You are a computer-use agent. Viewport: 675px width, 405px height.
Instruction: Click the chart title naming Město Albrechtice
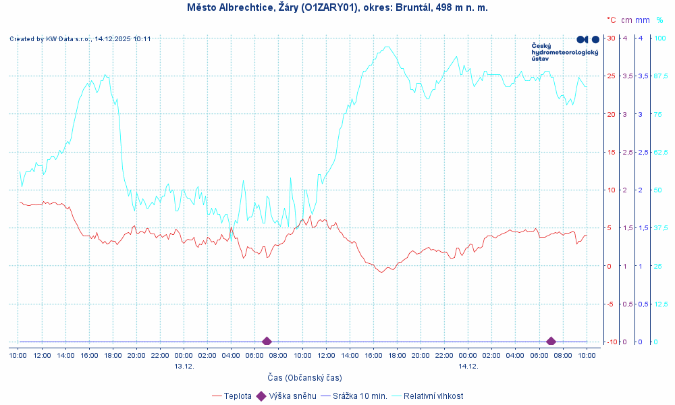click(x=337, y=7)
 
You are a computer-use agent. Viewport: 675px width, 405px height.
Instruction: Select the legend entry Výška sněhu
click(x=290, y=396)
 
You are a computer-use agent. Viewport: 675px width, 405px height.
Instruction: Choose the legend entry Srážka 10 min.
click(x=360, y=396)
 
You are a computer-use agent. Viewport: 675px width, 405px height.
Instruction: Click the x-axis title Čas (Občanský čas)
click(x=304, y=377)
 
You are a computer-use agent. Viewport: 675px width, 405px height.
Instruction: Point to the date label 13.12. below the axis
click(x=184, y=366)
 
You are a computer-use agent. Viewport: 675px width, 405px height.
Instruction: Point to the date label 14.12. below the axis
click(x=468, y=366)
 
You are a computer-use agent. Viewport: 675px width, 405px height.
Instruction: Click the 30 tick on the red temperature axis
click(x=611, y=38)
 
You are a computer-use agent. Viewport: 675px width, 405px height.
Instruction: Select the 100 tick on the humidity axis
click(x=660, y=38)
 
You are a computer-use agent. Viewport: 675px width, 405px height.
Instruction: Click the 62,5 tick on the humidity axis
click(x=661, y=152)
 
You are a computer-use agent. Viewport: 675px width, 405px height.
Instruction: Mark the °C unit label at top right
click(x=611, y=20)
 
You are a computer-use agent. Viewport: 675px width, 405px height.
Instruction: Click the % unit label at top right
click(x=659, y=20)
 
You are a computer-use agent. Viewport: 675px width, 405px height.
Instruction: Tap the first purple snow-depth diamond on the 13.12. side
click(x=267, y=342)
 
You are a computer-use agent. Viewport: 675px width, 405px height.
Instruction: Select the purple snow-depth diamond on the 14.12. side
click(x=551, y=342)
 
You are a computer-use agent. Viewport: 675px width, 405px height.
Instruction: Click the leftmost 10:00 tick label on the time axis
click(x=18, y=355)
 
